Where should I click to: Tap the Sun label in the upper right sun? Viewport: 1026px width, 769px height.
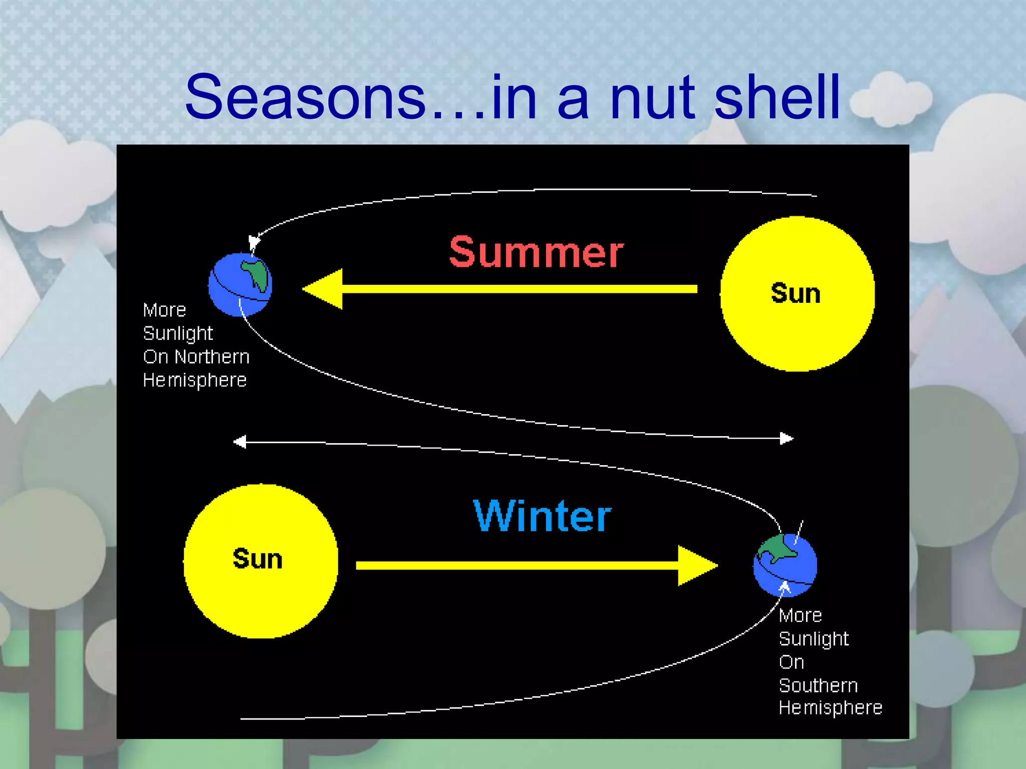(796, 293)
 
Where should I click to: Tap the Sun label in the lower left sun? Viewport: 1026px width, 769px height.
(258, 559)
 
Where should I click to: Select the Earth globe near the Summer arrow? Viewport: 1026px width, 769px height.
(240, 284)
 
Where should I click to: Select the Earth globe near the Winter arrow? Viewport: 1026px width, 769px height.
(785, 565)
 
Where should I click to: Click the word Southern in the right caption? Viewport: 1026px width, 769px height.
(818, 685)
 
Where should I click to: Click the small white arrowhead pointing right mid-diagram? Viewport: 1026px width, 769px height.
(787, 439)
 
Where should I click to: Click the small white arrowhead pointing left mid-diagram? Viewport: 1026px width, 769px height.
(240, 442)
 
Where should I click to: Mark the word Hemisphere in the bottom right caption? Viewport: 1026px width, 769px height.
(830, 708)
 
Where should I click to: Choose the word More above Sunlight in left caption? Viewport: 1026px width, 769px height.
(164, 310)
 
